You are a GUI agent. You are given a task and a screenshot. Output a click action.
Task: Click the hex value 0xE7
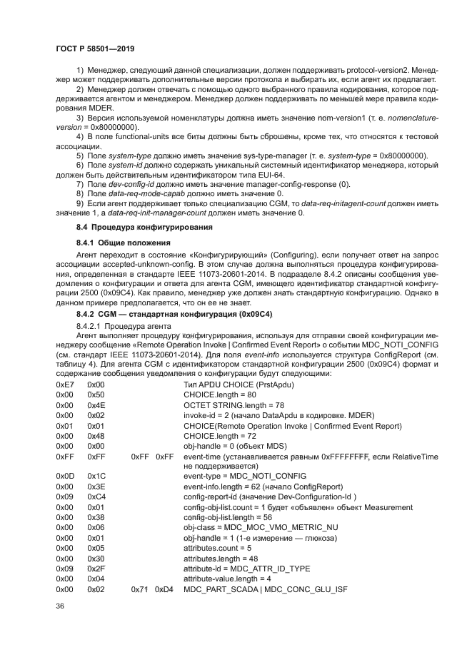coord(64,385)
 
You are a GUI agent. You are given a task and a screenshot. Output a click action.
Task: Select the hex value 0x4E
coord(96,404)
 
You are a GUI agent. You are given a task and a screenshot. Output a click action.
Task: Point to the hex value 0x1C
coord(96,475)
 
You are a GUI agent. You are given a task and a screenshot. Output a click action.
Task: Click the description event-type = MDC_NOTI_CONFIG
coord(245,475)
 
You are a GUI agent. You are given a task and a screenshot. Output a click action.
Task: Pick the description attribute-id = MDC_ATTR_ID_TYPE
coord(247,569)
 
